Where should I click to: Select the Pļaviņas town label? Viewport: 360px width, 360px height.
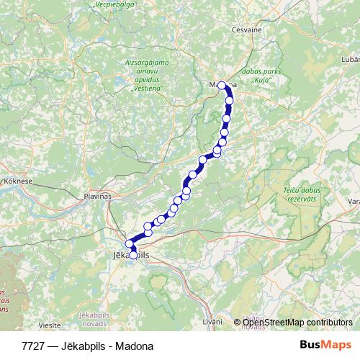[98, 196]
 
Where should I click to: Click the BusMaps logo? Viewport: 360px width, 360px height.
[325, 346]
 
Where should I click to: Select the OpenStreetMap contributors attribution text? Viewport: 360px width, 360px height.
[297, 323]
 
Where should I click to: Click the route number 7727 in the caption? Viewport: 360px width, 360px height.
[32, 346]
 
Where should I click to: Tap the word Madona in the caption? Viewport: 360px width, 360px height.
[137, 346]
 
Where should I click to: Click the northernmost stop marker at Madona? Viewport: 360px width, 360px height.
[222, 86]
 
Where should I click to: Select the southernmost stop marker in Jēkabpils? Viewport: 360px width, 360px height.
[133, 255]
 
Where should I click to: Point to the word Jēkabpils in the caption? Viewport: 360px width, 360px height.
[85, 346]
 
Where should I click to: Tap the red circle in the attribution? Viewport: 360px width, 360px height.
[237, 323]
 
